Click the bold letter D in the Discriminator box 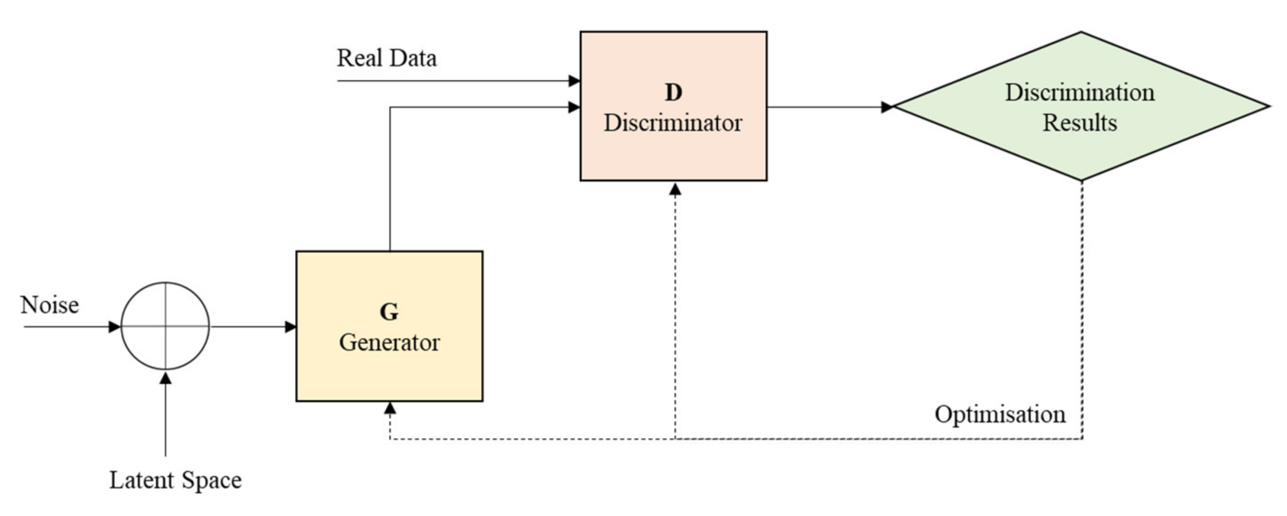(673, 93)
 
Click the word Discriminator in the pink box (673, 123)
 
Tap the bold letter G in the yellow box (389, 312)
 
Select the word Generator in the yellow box (389, 343)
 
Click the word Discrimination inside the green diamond (1080, 93)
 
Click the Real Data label (387, 58)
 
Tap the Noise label (50, 304)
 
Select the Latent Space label (175, 480)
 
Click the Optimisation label (1000, 414)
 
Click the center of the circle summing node (165, 326)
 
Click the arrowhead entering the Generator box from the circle (291, 327)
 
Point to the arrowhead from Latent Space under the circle (165, 378)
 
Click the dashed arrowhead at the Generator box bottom (390, 408)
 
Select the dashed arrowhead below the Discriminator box (675, 189)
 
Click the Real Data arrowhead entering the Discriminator (575, 80)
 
